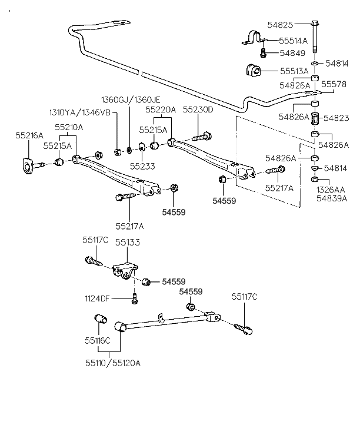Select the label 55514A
(293, 41)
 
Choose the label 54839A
(332, 198)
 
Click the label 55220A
(161, 110)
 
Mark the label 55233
(142, 167)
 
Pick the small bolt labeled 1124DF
(135, 298)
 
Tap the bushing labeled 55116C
(100, 320)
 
